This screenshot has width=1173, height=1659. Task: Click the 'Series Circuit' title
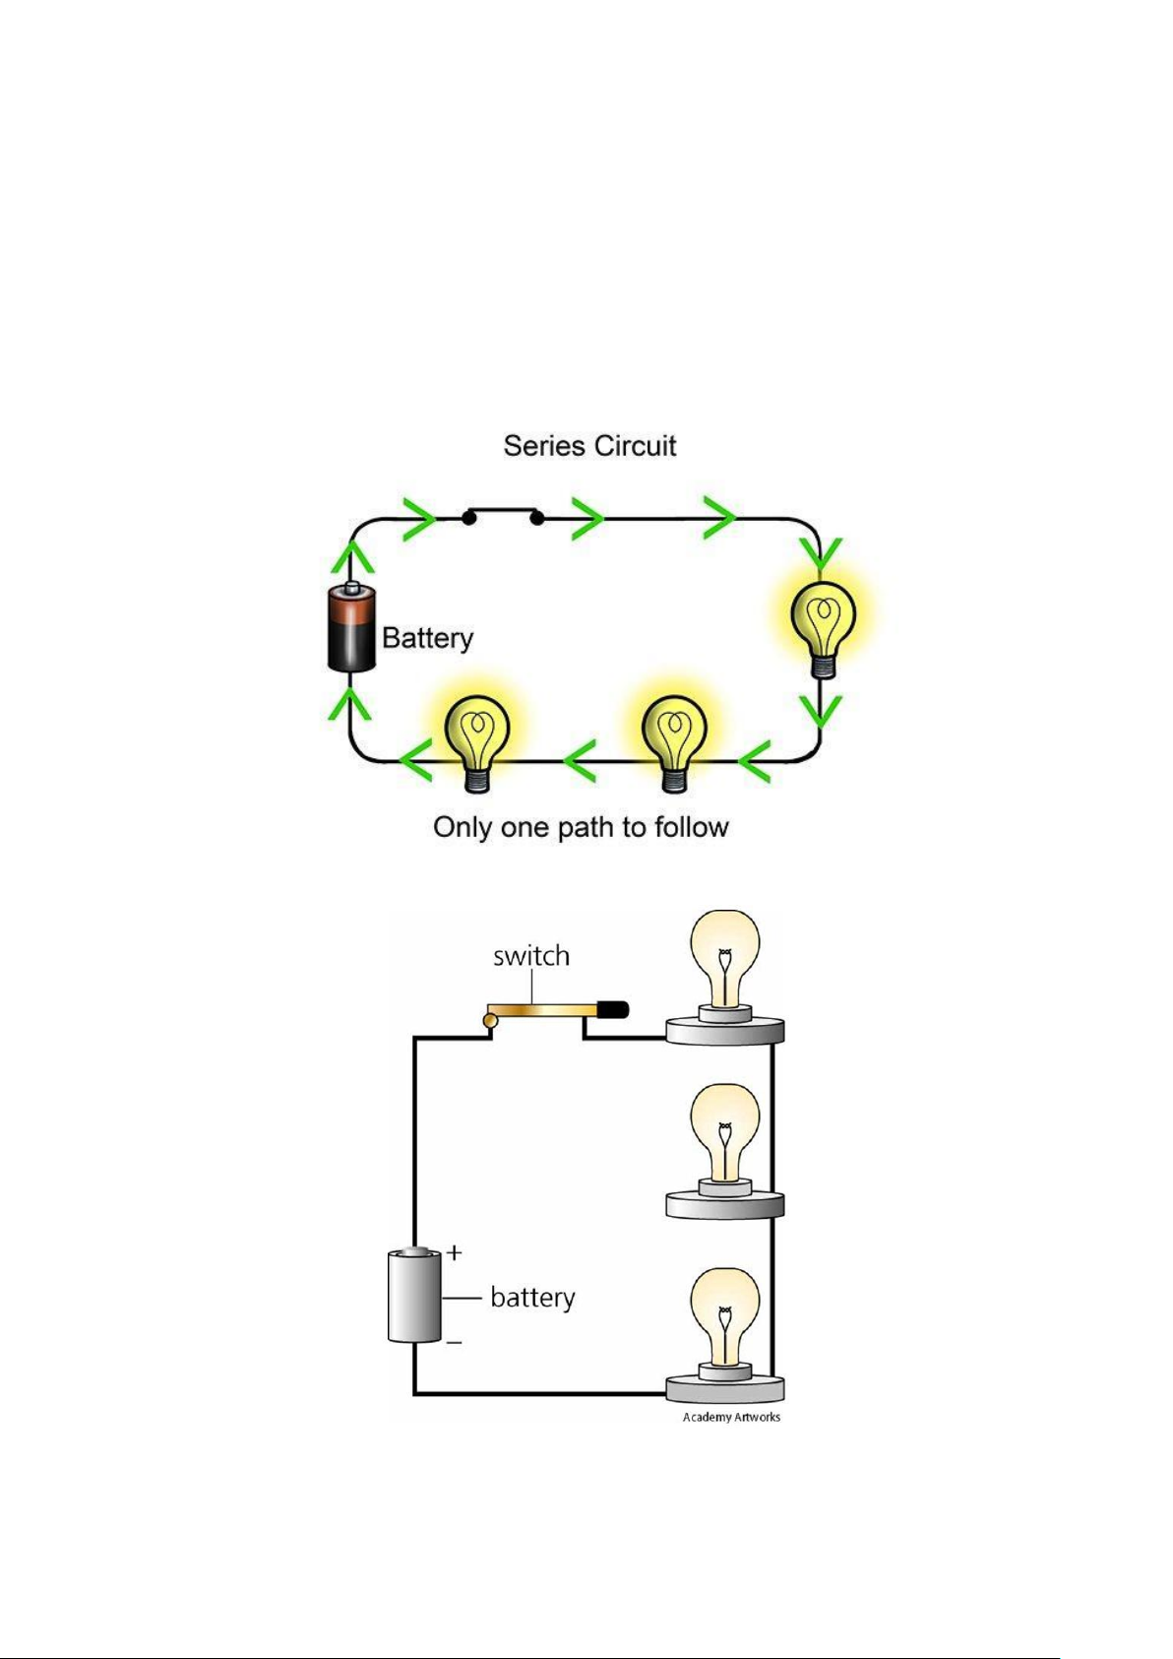point(589,446)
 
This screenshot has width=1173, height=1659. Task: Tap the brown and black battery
point(351,627)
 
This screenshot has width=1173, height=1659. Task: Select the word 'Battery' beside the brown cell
point(427,639)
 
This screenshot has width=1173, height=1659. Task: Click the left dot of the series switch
point(468,518)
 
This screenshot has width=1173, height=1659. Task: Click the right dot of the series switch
point(537,518)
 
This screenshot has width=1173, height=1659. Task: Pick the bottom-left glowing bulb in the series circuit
point(477,743)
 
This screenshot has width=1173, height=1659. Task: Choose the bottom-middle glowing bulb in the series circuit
point(673,743)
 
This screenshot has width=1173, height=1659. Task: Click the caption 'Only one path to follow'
point(581,827)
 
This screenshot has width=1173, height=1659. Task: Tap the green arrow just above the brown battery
point(350,558)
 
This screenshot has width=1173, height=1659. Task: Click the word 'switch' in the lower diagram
point(531,956)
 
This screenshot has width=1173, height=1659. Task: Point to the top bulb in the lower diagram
point(724,976)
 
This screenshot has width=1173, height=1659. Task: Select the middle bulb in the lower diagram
point(724,1152)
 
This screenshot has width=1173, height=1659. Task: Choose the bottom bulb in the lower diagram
point(724,1335)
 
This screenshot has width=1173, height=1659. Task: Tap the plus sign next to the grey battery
point(455,1252)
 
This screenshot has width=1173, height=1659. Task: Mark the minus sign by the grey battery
point(455,1342)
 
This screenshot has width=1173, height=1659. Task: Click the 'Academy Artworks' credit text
point(731,1417)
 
